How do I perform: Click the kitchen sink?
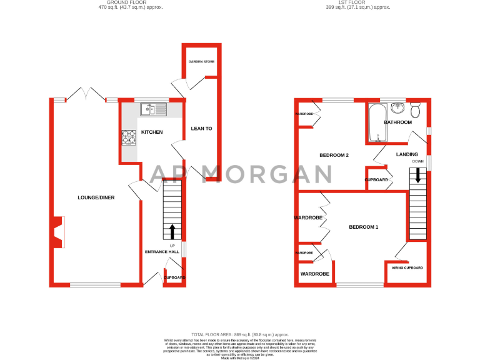coord(154,110)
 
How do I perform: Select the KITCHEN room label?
coord(151,132)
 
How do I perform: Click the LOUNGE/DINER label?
coord(96,197)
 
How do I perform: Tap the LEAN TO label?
coord(201,129)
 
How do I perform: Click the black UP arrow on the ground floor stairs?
coord(172,231)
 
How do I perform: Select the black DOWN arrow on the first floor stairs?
coord(418,176)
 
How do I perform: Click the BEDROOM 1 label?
coord(363,227)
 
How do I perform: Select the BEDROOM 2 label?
coord(334,155)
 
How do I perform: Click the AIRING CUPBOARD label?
coord(407,267)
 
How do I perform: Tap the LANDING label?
coord(407,154)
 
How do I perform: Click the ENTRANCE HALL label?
coord(162,252)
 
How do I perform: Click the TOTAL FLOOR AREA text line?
coord(240,334)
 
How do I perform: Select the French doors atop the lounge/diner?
coord(85,95)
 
